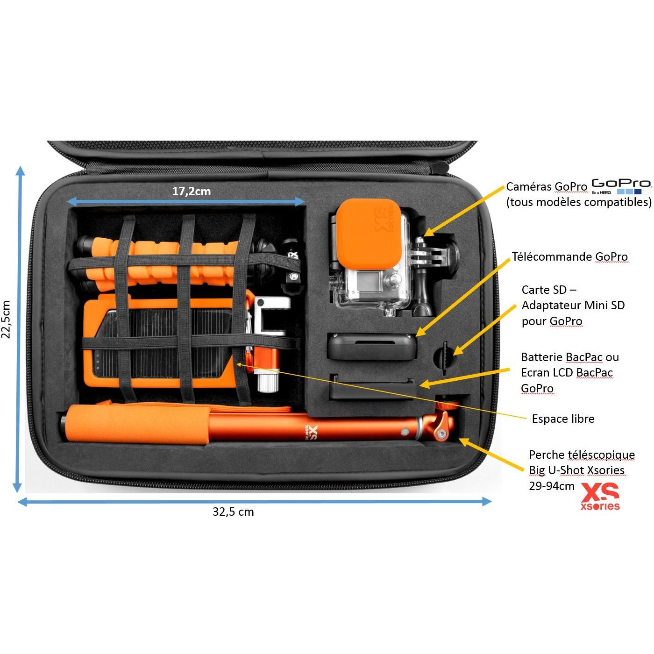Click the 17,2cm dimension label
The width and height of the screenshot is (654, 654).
[192, 192]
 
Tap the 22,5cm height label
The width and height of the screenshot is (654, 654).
[7, 319]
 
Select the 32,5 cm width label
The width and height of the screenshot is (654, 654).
[233, 512]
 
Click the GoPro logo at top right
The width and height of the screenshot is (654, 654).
[621, 186]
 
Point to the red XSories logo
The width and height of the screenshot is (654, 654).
[600, 497]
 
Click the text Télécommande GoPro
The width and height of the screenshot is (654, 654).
[570, 256]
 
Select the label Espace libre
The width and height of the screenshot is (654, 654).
[563, 419]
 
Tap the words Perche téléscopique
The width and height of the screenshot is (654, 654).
[582, 455]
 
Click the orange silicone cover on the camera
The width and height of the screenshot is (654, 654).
[369, 234]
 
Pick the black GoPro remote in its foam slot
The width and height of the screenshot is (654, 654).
[372, 346]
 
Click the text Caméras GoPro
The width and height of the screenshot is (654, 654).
[547, 186]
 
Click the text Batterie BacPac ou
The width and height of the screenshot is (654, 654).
[570, 357]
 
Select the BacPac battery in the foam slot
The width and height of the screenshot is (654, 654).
[373, 387]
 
